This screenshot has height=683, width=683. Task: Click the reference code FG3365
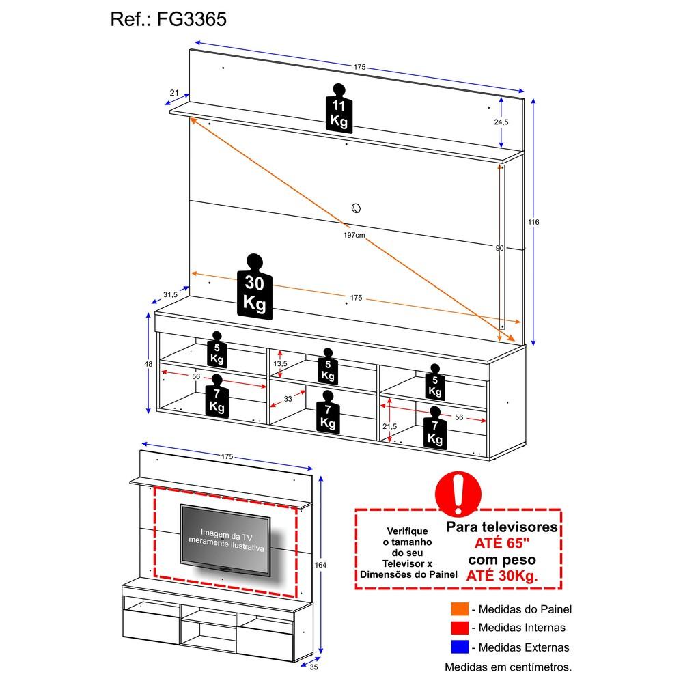[x=192, y=19]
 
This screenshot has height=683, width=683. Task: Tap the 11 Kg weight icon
[x=339, y=108]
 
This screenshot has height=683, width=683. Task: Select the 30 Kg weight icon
[x=254, y=287]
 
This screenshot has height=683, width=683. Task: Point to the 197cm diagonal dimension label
[x=354, y=235]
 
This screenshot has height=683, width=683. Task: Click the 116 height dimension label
[x=533, y=222]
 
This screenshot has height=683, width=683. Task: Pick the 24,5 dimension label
[x=501, y=122]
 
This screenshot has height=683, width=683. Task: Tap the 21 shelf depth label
[x=174, y=93]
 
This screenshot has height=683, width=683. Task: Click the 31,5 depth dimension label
[x=170, y=294]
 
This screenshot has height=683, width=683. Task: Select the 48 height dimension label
[x=148, y=364]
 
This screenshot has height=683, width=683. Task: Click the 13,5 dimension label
[x=280, y=363]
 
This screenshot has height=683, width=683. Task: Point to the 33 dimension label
[x=288, y=399]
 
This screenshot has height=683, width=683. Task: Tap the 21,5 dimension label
[x=389, y=426]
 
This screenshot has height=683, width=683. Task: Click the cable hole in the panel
[x=356, y=208]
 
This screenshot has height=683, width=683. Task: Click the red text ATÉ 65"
[x=502, y=543]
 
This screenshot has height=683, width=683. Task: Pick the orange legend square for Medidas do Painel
[x=460, y=609]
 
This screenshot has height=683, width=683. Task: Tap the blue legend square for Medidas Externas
[x=460, y=647]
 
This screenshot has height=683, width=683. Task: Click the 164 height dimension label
[x=320, y=565]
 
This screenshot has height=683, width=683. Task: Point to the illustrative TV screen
[x=225, y=540]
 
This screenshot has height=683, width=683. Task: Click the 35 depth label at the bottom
[x=313, y=667]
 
